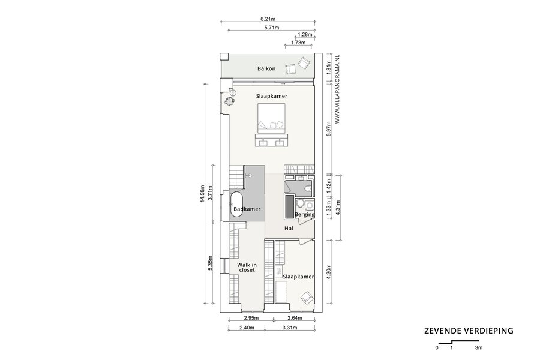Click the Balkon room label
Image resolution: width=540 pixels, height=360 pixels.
(266, 68)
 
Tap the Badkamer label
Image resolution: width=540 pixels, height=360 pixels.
(247, 209)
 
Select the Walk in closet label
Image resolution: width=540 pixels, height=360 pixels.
(247, 268)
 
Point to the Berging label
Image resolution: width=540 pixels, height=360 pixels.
(304, 215)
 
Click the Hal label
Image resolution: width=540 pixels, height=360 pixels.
(289, 228)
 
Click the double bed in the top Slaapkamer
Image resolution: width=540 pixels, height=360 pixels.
(272, 118)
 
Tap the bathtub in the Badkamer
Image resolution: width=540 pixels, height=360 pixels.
(236, 204)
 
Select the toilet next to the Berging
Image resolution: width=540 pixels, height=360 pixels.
(308, 188)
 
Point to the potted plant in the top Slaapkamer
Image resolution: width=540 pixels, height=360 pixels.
(229, 101)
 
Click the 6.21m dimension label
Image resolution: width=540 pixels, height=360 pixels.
(268, 19)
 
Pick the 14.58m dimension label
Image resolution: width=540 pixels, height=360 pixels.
(203, 194)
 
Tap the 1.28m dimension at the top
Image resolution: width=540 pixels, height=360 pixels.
(305, 34)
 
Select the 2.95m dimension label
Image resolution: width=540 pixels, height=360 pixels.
(251, 318)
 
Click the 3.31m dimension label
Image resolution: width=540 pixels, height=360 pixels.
(290, 328)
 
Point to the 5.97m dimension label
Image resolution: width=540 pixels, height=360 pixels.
(329, 129)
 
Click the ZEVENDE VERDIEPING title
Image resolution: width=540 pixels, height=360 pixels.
(469, 331)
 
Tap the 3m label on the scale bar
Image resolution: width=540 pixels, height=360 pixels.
(479, 347)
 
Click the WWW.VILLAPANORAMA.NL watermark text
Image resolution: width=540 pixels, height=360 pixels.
(337, 89)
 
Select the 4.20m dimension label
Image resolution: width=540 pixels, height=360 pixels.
(329, 272)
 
